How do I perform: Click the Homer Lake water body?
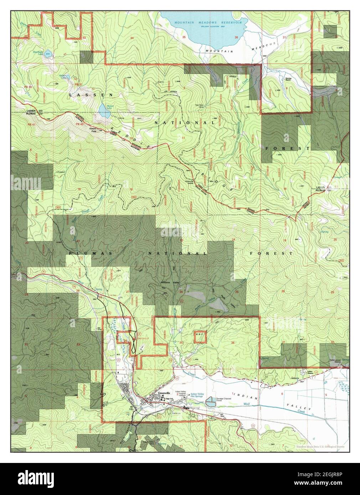(104, 111)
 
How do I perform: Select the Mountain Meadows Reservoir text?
(211, 22)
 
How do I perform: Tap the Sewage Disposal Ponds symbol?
(211, 402)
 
